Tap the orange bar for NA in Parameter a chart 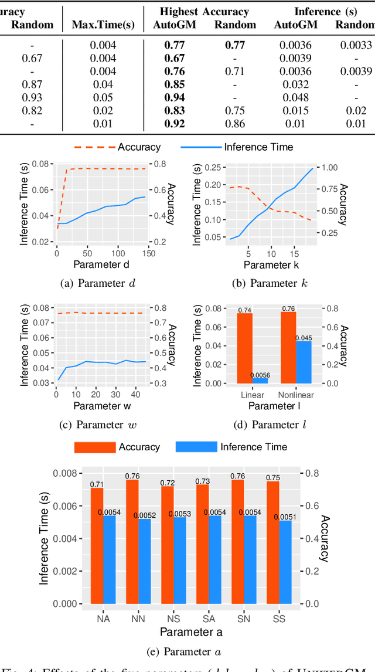coord(97,546)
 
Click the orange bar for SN coord(237,542)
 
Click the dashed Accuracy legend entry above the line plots coord(117,147)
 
